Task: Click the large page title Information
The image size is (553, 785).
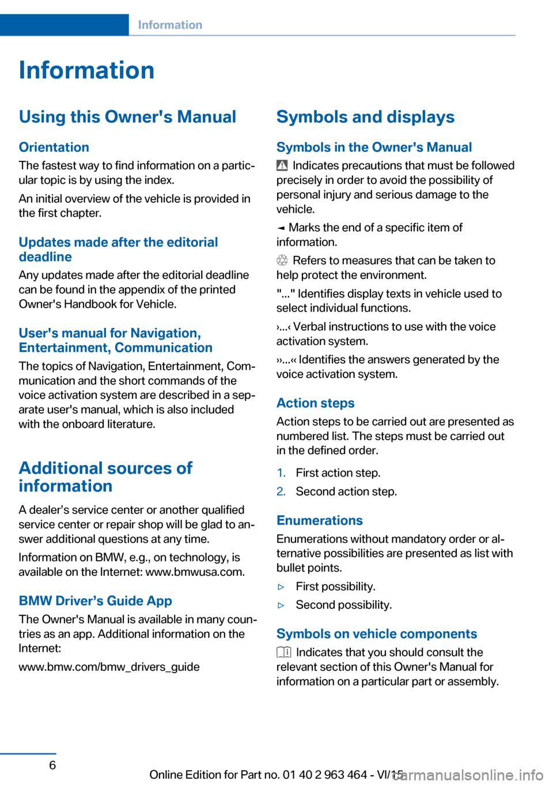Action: [x=86, y=70]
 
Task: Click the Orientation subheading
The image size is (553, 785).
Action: [x=54, y=147]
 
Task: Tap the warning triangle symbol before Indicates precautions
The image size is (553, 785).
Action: [x=282, y=165]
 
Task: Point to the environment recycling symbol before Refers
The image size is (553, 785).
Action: [x=282, y=261]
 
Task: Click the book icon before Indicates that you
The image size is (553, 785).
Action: [x=283, y=652]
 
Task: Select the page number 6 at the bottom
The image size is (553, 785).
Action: [x=52, y=765]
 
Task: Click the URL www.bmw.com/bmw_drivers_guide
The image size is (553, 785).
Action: [x=109, y=667]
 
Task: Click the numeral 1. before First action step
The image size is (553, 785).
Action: [x=281, y=473]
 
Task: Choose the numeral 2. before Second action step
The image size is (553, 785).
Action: [x=281, y=492]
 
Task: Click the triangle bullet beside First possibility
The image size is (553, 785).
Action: [x=281, y=587]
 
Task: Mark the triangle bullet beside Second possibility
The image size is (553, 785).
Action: [x=281, y=605]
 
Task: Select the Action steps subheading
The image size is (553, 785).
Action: [x=315, y=403]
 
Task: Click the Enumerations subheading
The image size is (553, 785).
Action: [x=319, y=520]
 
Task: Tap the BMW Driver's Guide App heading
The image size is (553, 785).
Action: [x=95, y=601]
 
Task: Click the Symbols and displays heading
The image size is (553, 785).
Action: [x=365, y=117]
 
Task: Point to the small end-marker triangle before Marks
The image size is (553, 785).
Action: [x=281, y=228]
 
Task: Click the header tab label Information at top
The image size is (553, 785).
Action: [x=170, y=25]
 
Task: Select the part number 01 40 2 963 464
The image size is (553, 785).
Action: [x=325, y=775]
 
